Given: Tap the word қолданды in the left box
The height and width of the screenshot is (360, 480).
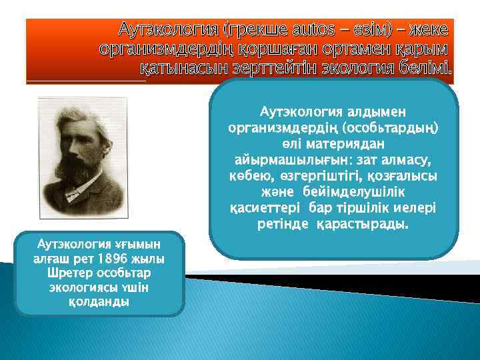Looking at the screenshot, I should [99, 301].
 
